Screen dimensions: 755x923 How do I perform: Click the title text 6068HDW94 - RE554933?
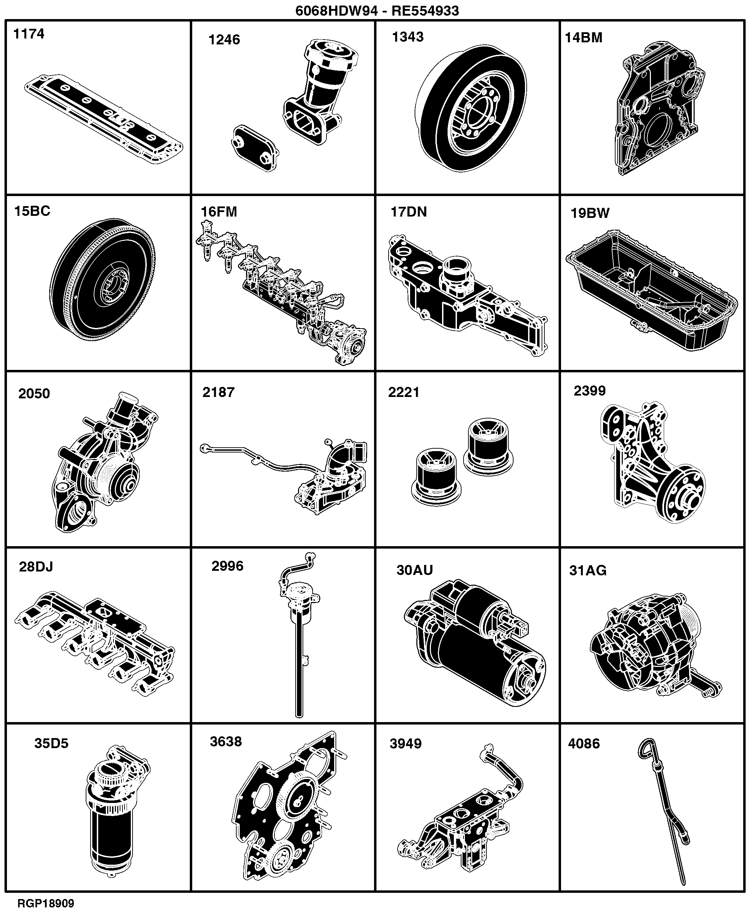[377, 10]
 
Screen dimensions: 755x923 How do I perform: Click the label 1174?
[29, 34]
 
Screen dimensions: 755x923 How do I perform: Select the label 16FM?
[219, 212]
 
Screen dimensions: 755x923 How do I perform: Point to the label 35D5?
[51, 743]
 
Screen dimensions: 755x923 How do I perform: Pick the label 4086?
[584, 744]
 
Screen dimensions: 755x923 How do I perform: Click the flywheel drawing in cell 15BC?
[103, 280]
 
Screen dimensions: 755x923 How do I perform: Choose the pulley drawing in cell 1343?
[470, 109]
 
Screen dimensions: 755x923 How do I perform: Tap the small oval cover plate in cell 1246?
[255, 148]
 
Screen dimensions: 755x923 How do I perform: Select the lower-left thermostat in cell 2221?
[436, 477]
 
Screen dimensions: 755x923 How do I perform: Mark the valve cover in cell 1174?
[103, 119]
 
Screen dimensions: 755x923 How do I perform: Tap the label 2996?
[228, 566]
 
